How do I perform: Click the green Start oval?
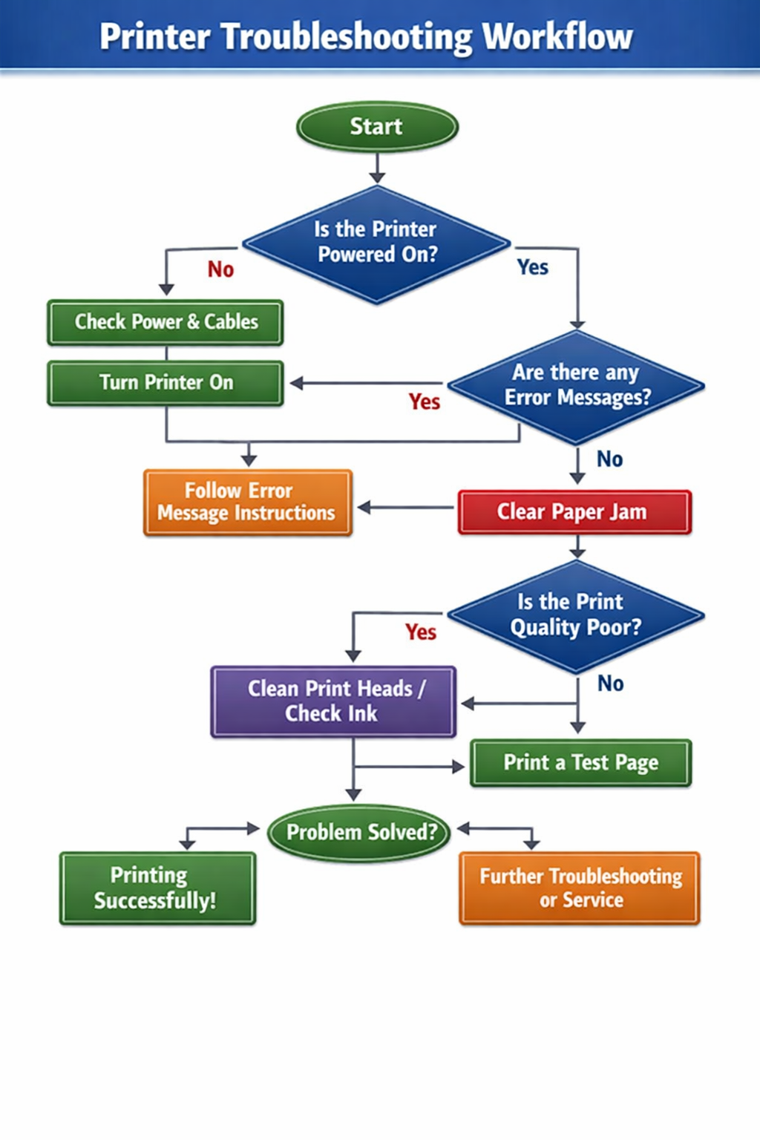click(377, 127)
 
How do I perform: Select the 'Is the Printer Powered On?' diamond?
click(376, 243)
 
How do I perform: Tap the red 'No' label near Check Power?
click(220, 269)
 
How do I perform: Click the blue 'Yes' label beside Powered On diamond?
click(532, 267)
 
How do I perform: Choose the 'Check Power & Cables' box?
click(166, 322)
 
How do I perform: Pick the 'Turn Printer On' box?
click(166, 383)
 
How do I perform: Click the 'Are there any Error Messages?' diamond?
click(577, 386)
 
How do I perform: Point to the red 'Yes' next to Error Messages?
click(424, 402)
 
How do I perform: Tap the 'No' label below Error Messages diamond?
click(609, 459)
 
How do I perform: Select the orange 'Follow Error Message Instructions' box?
click(247, 502)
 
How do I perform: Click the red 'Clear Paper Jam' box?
click(574, 512)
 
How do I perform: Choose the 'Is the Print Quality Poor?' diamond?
click(576, 615)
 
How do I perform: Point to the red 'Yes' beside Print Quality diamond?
click(421, 632)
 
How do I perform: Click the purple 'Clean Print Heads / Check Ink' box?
click(333, 701)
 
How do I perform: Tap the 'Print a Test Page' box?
click(580, 763)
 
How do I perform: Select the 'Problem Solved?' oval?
click(361, 833)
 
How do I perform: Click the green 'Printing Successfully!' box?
click(157, 888)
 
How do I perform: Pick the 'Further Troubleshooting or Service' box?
click(580, 888)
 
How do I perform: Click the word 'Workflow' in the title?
click(557, 36)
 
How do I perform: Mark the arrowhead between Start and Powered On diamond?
click(377, 177)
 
